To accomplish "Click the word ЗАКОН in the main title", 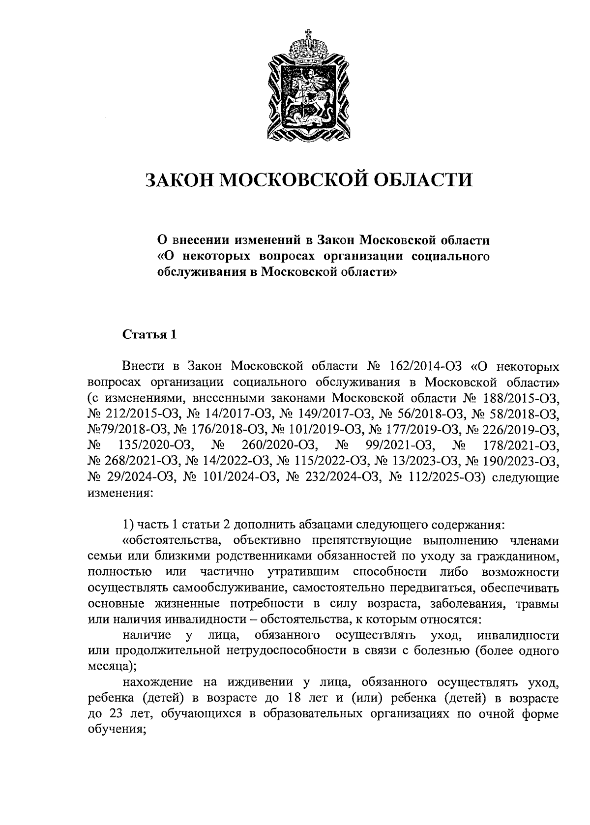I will pyautogui.click(x=177, y=180).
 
